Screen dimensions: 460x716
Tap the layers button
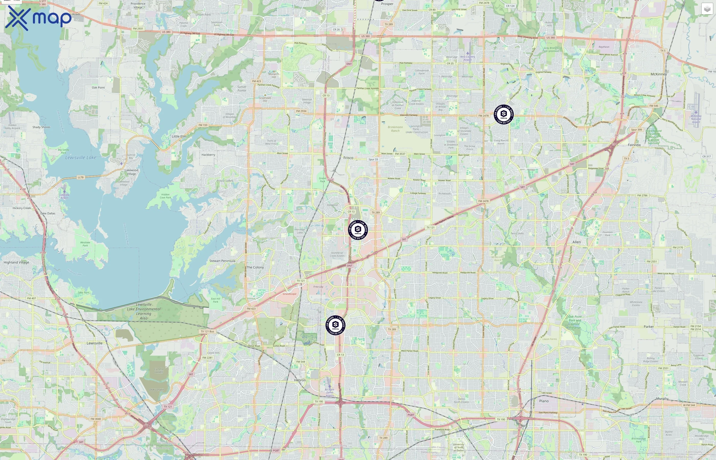707,9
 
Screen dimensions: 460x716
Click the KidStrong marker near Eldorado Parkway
504,114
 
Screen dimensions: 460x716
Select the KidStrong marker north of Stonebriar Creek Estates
358,229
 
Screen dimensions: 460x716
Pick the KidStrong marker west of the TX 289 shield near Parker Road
335,325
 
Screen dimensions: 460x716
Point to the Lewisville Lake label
81,157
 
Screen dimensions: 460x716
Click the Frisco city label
348,158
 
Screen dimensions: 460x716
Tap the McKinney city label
659,74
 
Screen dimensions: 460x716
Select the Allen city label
576,242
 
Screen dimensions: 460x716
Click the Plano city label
544,401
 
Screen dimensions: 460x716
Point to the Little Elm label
179,136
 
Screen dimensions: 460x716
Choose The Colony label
255,267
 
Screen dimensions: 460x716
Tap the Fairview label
634,145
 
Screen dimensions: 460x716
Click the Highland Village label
16,262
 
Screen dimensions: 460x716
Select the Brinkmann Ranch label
395,129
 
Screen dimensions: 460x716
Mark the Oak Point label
98,87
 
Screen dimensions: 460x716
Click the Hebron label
300,380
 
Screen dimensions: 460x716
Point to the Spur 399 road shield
636,130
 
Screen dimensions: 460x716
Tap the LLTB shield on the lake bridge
81,177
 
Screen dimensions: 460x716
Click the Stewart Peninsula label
222,261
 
